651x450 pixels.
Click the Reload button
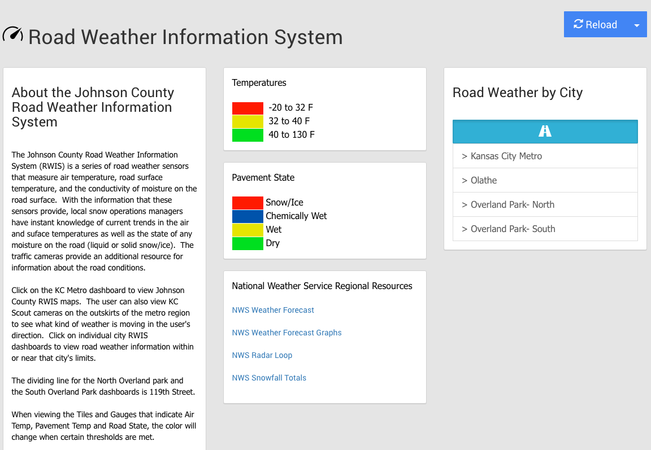596,24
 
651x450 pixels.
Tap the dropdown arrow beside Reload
637,25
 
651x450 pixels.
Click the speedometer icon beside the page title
13,34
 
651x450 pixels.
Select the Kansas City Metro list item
545,156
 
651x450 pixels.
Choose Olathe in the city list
545,181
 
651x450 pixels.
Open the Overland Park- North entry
545,204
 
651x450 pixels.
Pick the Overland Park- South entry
545,229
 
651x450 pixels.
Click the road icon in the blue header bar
545,131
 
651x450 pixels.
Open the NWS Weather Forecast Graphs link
287,333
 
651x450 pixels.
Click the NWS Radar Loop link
262,356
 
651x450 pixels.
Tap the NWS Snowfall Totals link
269,378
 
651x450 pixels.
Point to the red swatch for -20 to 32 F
248,108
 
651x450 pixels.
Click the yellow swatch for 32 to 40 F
248,121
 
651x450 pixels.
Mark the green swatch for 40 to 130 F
248,135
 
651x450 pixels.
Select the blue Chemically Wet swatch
248,216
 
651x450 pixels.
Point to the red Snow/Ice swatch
248,203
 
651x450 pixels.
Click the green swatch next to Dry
248,243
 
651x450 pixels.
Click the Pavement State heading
263,177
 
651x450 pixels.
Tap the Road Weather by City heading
517,93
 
